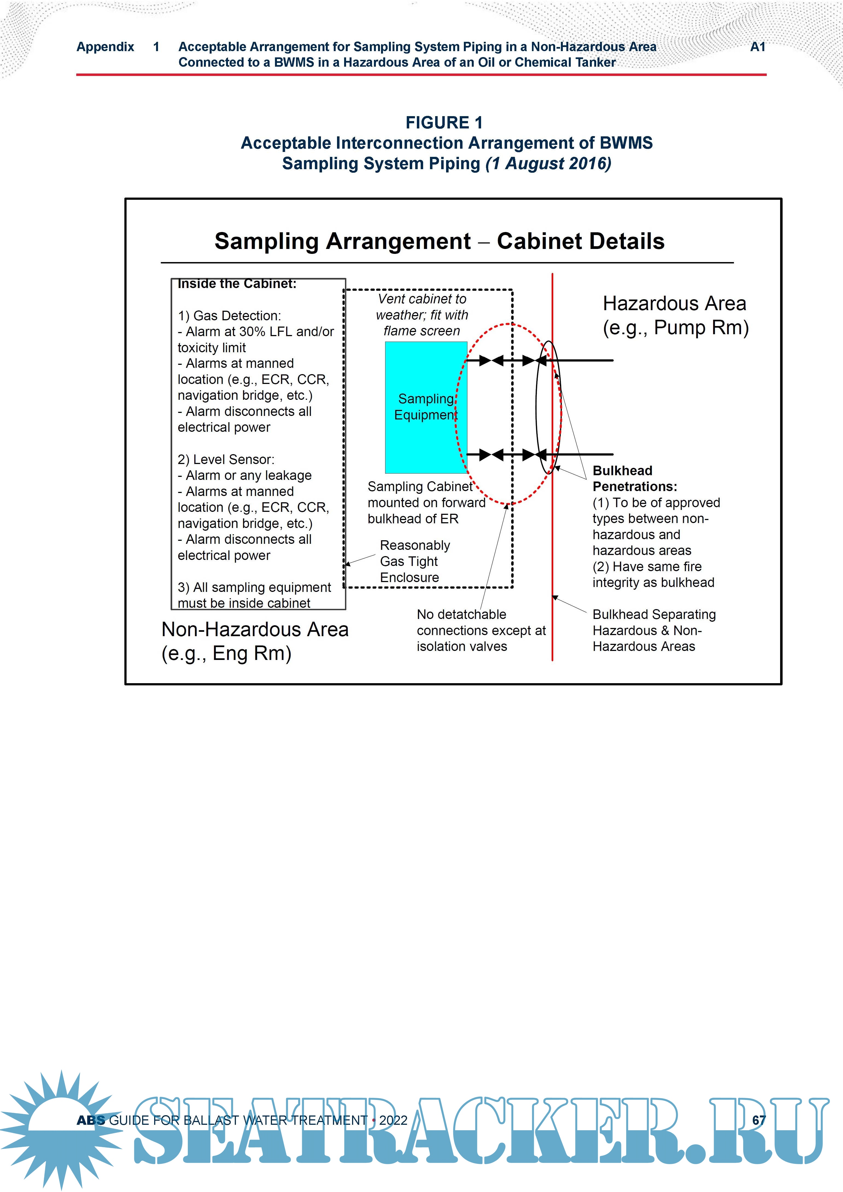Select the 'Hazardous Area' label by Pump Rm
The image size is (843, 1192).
[674, 304]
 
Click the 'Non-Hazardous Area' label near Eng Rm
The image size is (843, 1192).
[254, 630]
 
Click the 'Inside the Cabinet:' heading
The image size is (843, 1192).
[237, 284]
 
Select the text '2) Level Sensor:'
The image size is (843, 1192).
[226, 459]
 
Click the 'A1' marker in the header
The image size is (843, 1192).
[757, 47]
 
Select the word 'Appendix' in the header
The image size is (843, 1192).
[106, 47]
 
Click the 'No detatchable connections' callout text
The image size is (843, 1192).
[481, 630]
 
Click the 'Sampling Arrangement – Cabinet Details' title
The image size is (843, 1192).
[440, 241]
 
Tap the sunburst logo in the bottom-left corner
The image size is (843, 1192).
[60, 1127]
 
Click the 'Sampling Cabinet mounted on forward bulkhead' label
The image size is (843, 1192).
[426, 503]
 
